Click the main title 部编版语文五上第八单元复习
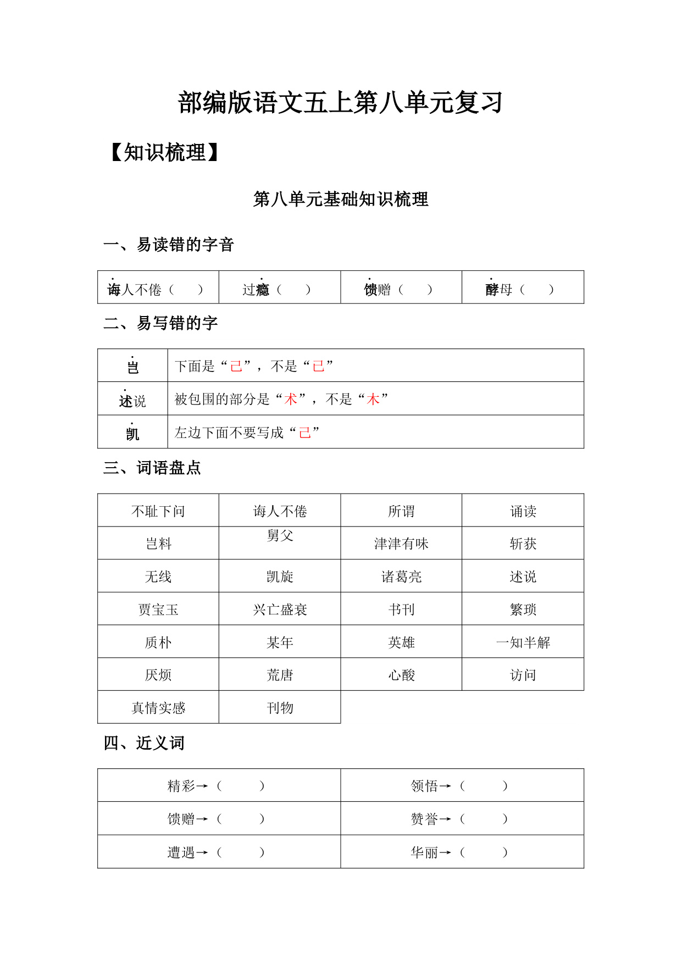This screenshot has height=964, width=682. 340,103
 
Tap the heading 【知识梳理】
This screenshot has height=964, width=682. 164,152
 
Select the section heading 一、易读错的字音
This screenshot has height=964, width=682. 169,245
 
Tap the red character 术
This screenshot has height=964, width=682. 291,399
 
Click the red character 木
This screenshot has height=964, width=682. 373,399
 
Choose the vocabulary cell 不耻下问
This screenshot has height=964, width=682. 158,512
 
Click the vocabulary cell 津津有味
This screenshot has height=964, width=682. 401,544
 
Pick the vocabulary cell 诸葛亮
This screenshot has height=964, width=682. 401,577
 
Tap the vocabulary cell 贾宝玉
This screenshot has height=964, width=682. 158,610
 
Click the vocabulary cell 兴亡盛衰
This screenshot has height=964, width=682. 280,610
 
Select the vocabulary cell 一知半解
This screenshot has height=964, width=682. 523,642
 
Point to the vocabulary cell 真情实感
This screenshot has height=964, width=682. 158,708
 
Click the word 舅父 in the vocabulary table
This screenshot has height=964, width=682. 280,535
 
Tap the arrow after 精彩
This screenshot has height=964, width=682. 202,786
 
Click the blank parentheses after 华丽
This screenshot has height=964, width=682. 484,852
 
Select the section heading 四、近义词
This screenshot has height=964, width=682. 144,743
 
